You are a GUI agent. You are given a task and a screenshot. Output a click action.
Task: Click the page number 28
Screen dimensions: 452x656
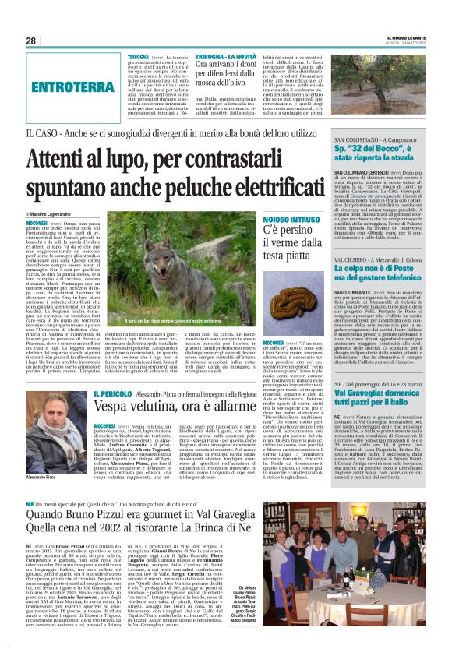[x=30, y=41]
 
